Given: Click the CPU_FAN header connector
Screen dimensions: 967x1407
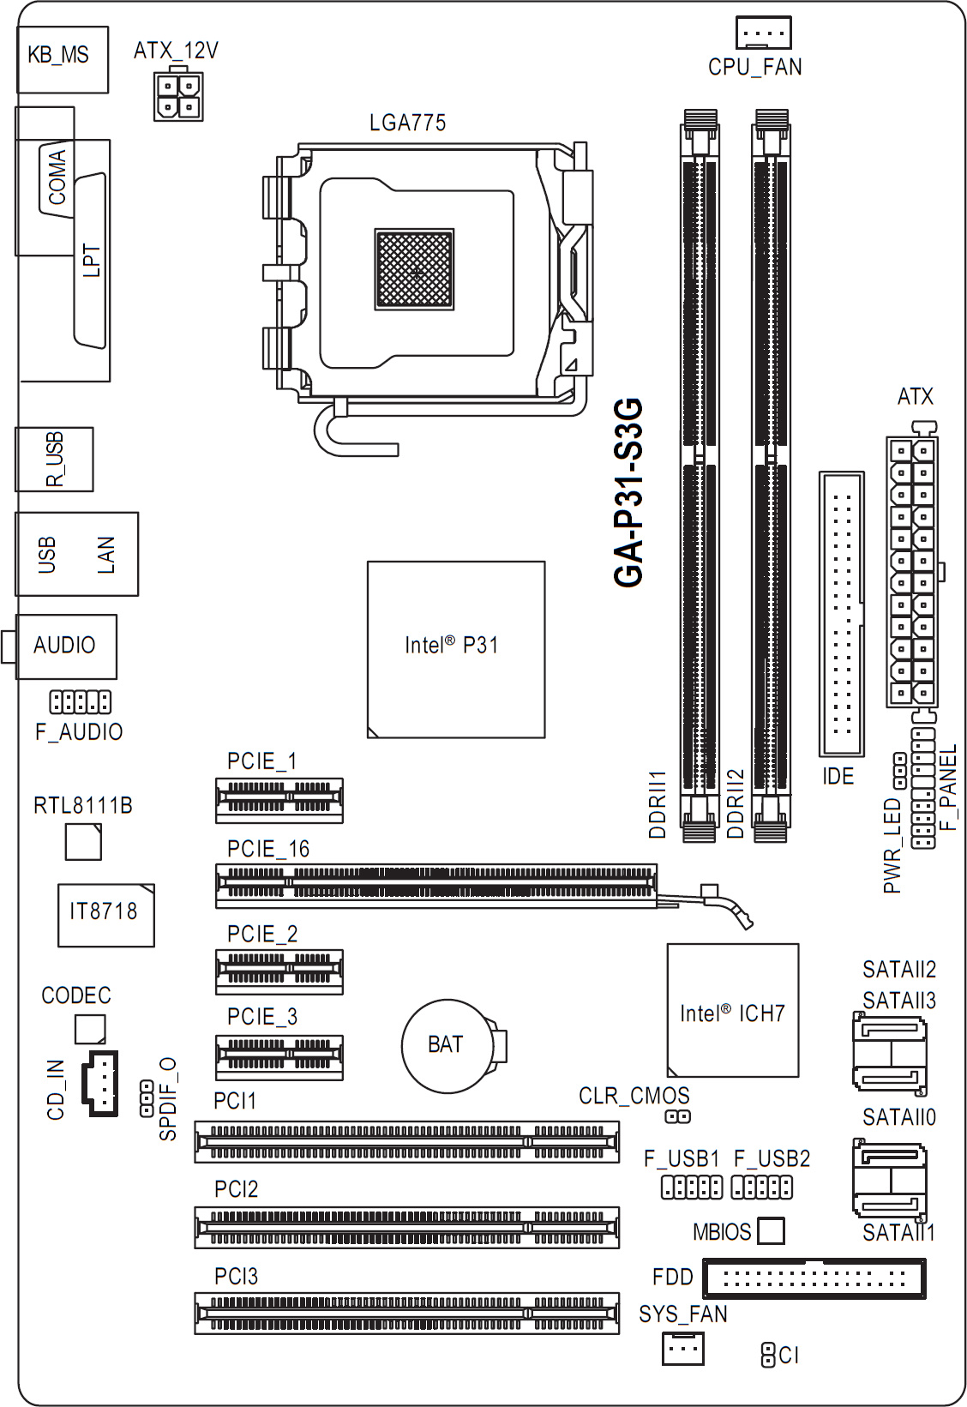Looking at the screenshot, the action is pos(763,32).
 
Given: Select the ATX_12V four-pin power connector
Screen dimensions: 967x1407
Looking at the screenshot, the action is pos(178,95).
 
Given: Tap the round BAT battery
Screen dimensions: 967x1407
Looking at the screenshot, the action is pos(453,1046).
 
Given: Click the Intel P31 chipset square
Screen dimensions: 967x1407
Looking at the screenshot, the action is pos(456,649).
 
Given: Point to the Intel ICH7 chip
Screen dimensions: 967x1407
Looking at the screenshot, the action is pos(733,1010).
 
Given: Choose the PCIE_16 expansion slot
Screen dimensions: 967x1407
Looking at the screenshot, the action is pos(436,886).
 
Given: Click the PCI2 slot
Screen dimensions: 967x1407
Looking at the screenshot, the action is pos(407,1227).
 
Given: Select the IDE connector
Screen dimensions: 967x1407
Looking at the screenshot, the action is pos(842,614).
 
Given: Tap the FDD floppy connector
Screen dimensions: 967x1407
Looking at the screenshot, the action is pos(814,1278).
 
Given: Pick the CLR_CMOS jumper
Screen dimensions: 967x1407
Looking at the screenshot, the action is pos(677,1117).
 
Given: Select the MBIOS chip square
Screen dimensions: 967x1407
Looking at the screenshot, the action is pos(771,1230).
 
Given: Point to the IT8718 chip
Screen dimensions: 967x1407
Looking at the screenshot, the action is pos(106,915).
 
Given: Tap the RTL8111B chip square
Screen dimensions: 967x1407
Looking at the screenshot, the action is pos(83,842).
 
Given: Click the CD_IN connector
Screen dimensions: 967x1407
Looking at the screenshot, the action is pos(99,1083).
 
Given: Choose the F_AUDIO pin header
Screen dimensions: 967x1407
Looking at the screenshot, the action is pos(81,701).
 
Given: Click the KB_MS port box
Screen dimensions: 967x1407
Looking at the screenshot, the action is pos(63,60).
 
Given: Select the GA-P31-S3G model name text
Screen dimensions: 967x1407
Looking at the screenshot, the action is pos(628,493).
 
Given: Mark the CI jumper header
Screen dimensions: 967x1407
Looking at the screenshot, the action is pos(766,1355).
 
